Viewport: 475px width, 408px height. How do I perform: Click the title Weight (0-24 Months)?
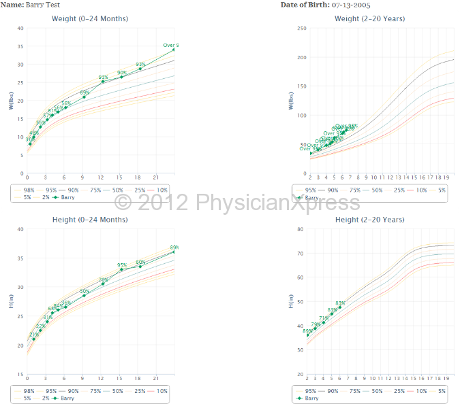(99, 18)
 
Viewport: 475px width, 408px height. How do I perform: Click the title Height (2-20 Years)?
(371, 220)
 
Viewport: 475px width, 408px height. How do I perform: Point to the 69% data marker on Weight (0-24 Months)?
(85, 97)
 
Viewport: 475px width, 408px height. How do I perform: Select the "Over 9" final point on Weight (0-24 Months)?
(174, 50)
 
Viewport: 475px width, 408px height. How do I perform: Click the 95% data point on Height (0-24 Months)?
(122, 270)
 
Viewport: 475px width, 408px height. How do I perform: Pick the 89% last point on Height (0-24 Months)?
(174, 252)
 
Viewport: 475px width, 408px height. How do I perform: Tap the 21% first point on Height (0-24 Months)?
(33, 339)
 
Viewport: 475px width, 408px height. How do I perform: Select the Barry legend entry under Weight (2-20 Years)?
(311, 197)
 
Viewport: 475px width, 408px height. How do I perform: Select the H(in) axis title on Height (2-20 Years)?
(291, 301)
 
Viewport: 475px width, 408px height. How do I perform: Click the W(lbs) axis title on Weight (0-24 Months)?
(12, 101)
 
